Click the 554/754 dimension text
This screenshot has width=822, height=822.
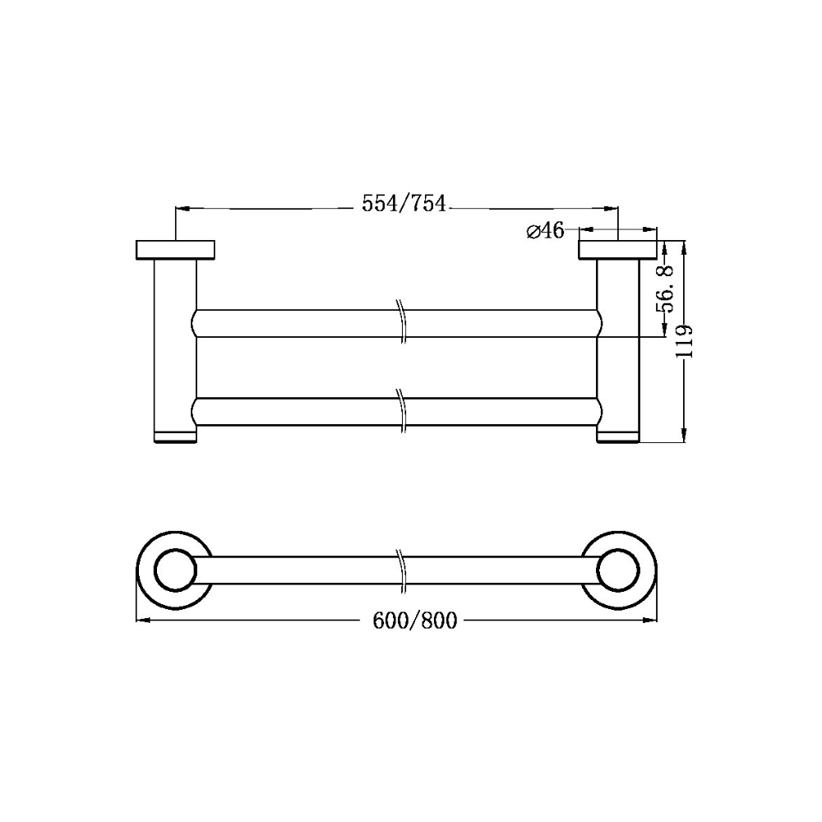[x=404, y=203]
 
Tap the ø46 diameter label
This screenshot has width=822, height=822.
[x=544, y=231]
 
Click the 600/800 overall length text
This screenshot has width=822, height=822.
[x=414, y=621]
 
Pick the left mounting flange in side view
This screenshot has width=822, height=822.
[x=174, y=249]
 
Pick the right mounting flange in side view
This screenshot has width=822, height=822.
[x=618, y=249]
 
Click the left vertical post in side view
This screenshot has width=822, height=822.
[x=174, y=345]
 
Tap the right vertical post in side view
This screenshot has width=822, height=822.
[x=618, y=345]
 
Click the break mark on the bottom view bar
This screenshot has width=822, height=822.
[x=400, y=569]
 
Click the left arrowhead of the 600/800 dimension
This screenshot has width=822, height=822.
[x=141, y=621]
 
